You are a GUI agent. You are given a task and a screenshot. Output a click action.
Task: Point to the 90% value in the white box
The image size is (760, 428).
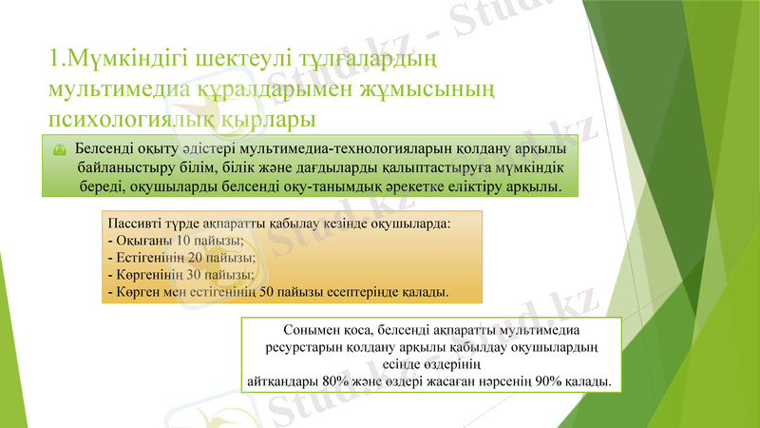point(549,380)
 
